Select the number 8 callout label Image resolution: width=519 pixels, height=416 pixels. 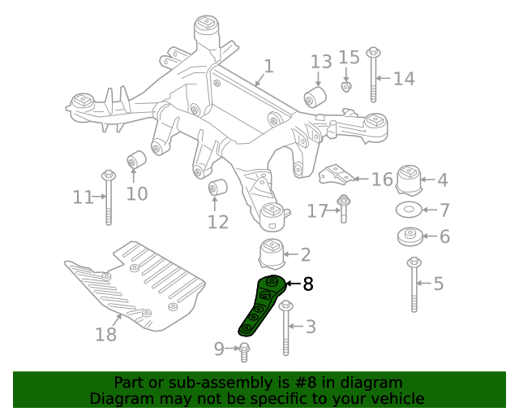point(307,284)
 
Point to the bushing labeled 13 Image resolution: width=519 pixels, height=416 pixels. point(315,98)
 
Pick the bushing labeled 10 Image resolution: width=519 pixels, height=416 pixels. point(136,159)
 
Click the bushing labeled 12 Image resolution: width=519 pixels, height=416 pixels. point(217,188)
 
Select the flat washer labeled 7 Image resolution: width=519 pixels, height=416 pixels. point(409,210)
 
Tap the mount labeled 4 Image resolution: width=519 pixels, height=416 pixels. point(409,179)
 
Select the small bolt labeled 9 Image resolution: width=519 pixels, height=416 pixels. point(245,351)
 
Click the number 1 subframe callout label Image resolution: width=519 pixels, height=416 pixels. point(268,67)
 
